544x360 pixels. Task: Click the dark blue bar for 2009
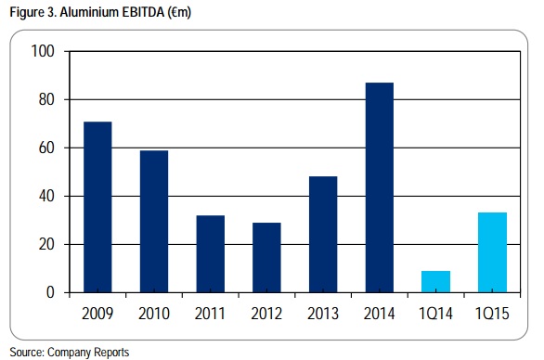point(97,207)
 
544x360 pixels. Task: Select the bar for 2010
point(154,222)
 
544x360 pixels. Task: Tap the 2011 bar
point(210,254)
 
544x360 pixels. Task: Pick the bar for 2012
point(266,258)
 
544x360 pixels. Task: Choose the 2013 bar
point(323,235)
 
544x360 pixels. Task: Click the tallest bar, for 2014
point(380,187)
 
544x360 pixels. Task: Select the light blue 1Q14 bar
point(435,282)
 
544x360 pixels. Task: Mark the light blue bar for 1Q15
point(492,252)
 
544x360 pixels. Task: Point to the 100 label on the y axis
point(43,51)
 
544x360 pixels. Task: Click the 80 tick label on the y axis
point(46,99)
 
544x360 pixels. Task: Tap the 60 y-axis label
point(46,148)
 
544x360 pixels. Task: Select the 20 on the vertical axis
point(46,245)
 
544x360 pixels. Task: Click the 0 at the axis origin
point(50,292)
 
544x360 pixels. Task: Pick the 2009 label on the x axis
point(97,314)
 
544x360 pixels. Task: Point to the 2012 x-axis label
point(266,314)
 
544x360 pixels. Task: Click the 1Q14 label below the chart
point(435,314)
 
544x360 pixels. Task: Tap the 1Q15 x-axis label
point(492,314)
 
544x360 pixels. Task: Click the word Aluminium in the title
point(89,12)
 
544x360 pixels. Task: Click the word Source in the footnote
point(27,353)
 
